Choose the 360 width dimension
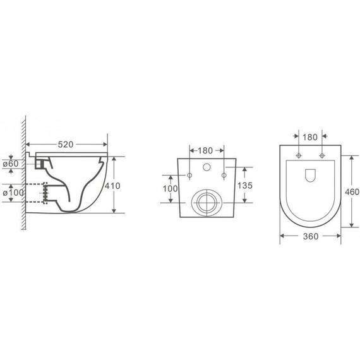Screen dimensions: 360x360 (x=310, y=236)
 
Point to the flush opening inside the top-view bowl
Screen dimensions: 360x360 (x=310, y=177)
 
